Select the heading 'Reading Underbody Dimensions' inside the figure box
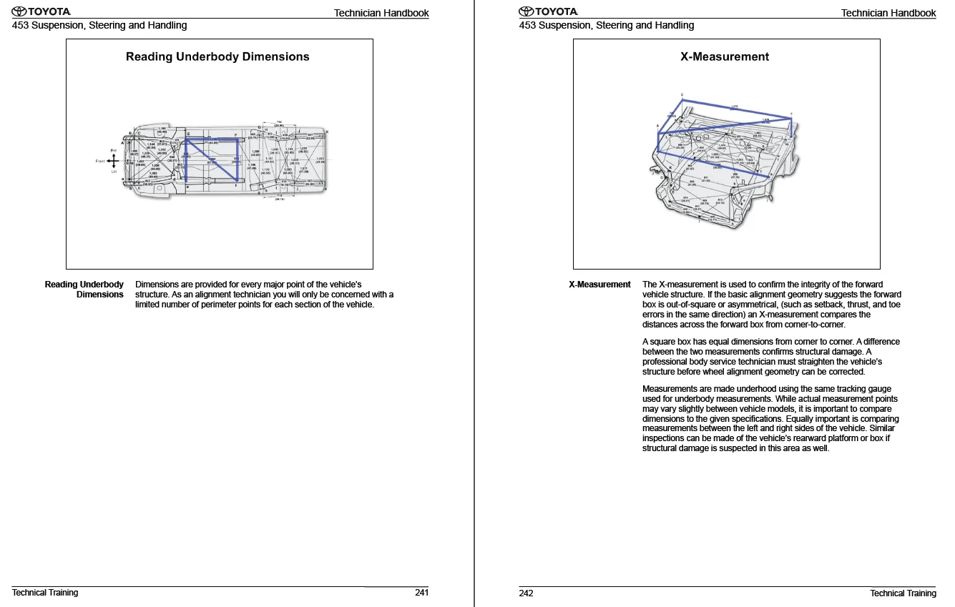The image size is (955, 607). pyautogui.click(x=217, y=56)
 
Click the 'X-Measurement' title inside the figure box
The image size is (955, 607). pyautogui.click(x=725, y=56)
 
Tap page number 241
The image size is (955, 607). pyautogui.click(x=421, y=593)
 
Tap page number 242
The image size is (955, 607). pyautogui.click(x=526, y=593)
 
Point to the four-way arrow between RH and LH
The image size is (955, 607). pyautogui.click(x=113, y=161)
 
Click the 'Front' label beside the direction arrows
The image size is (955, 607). pyautogui.click(x=100, y=161)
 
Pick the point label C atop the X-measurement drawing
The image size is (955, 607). pyautogui.click(x=682, y=95)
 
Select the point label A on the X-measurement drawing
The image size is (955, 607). pyautogui.click(x=657, y=126)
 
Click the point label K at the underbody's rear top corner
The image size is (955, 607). pyautogui.click(x=327, y=132)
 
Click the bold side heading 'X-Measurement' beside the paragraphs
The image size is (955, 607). pyautogui.click(x=599, y=285)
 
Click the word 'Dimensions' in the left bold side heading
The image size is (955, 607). pyautogui.click(x=99, y=295)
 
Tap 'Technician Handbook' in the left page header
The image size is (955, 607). pyautogui.click(x=381, y=13)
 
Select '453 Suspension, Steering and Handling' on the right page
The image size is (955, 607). pyautogui.click(x=607, y=25)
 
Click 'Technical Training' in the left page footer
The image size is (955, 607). pyautogui.click(x=45, y=593)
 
